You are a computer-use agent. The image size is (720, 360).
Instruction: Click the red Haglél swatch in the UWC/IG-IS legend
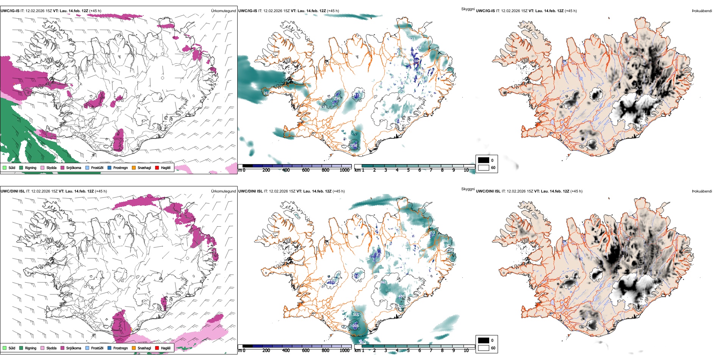click(x=157, y=167)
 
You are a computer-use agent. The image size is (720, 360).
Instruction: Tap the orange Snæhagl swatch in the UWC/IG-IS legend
click(x=134, y=167)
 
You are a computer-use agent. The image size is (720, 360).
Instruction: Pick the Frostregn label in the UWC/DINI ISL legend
click(x=121, y=348)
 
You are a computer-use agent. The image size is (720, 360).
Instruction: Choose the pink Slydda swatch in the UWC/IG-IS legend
click(x=42, y=167)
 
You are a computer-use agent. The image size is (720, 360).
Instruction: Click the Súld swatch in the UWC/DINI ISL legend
click(x=5, y=348)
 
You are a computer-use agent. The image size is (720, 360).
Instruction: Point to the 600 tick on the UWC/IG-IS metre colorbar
click(x=306, y=170)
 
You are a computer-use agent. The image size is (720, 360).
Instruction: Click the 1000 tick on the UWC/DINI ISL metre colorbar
click(x=344, y=351)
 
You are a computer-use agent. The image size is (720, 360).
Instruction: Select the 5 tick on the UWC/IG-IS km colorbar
click(x=408, y=170)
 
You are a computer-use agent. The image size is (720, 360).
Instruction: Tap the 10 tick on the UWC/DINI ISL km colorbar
click(x=466, y=351)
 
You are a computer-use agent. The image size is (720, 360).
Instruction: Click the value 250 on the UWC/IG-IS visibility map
click(x=354, y=145)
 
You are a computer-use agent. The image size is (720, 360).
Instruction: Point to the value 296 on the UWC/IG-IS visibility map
click(x=337, y=99)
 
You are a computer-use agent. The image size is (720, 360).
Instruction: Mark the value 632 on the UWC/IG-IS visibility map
click(x=323, y=107)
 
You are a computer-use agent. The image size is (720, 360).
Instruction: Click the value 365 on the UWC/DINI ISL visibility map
click(x=355, y=315)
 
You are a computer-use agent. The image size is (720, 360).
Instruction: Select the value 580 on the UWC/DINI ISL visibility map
click(x=445, y=241)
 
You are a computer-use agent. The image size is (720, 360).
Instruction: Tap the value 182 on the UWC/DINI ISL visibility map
click(x=332, y=282)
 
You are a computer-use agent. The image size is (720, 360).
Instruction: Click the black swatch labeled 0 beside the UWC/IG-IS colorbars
click(x=484, y=160)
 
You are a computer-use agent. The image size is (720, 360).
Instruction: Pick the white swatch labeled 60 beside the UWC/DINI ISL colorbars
click(x=484, y=348)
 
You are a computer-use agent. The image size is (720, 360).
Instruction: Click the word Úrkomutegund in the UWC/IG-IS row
click(x=223, y=11)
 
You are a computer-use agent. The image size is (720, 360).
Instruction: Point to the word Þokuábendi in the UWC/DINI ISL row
click(x=702, y=191)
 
